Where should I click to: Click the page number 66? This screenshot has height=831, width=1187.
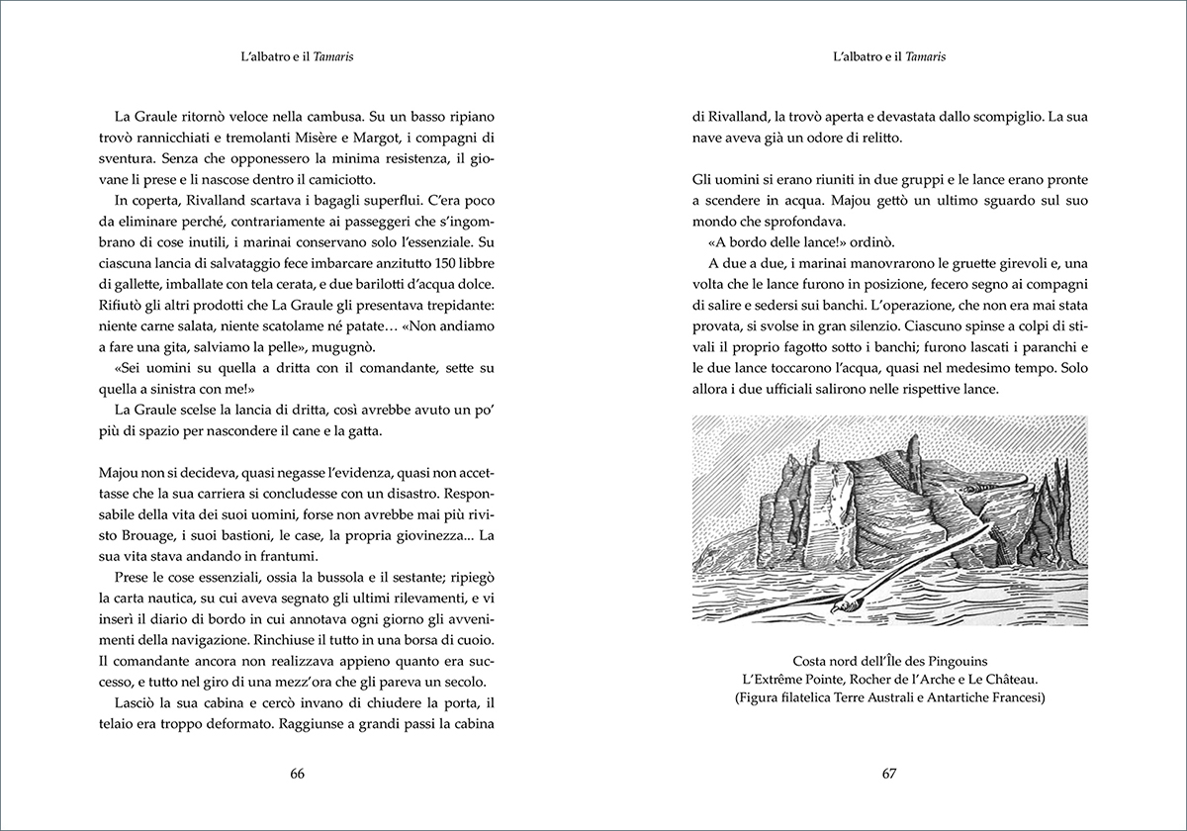(297, 774)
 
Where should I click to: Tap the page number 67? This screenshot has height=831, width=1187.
(888, 774)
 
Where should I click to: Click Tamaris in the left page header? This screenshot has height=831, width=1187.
(334, 57)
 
